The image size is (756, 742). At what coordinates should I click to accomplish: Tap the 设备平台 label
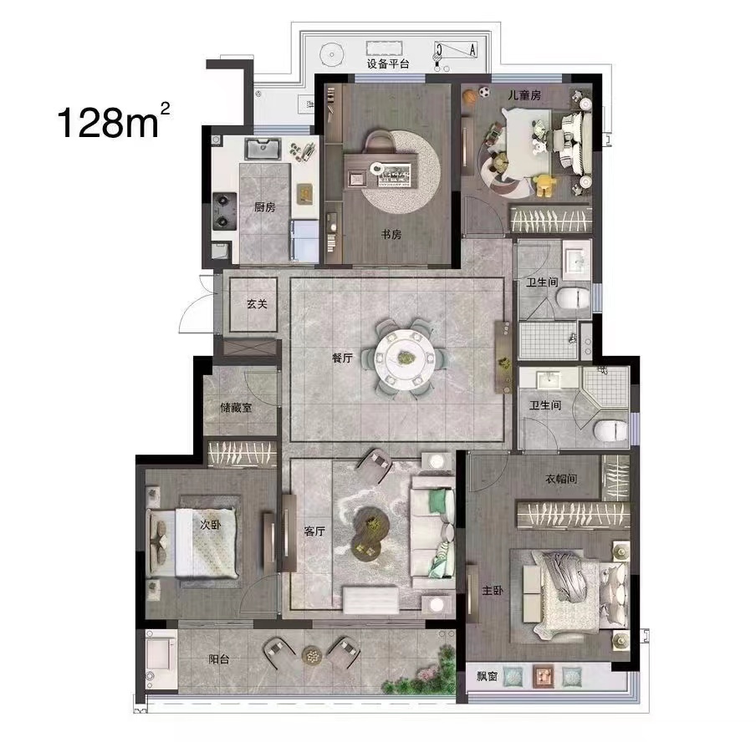point(388,64)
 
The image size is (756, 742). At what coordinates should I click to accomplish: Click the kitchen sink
point(263,149)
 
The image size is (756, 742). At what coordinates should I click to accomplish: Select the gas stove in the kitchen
point(225,211)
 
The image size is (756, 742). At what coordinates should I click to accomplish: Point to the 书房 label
point(391,235)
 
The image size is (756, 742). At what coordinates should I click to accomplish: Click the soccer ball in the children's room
point(484,92)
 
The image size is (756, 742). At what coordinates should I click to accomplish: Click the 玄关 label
point(257,304)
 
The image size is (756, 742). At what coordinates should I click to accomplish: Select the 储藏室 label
point(236,408)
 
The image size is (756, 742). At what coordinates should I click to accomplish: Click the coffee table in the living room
point(370,533)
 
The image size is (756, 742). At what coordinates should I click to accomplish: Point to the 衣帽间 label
point(561,479)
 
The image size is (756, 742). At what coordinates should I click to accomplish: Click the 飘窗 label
point(487,676)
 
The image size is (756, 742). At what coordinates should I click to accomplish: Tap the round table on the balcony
point(311,655)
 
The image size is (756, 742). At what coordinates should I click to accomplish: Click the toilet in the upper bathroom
point(573,298)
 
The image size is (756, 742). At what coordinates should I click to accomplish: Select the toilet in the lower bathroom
point(610,430)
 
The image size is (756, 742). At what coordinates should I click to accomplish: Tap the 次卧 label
point(210,524)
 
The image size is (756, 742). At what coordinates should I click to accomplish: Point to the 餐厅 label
point(342,358)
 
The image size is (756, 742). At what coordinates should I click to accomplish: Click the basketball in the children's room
point(470,97)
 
